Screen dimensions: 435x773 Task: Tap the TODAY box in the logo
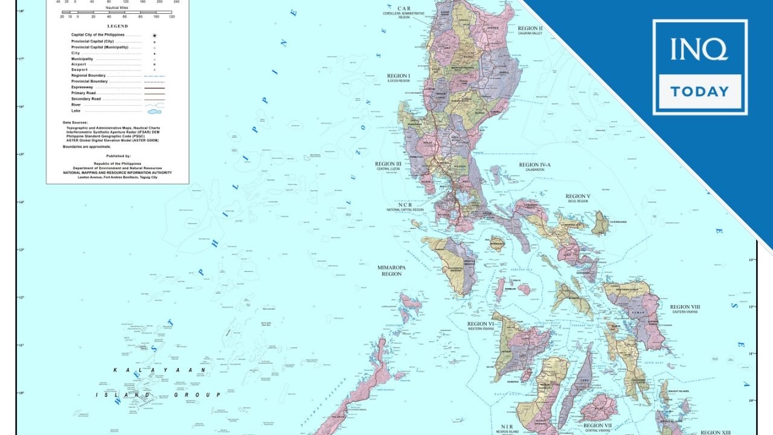[700, 92]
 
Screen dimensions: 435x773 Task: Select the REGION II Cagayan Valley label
[530, 30]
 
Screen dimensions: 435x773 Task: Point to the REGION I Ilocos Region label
[399, 78]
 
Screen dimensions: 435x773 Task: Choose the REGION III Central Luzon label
[388, 166]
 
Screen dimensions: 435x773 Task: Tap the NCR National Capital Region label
[405, 206]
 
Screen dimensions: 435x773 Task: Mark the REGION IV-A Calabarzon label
[534, 167]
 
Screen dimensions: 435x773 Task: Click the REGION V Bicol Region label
[578, 198]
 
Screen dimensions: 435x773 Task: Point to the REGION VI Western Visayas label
[481, 326]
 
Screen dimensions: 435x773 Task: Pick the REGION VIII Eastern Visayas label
[684, 309]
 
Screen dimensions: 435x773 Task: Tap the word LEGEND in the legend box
[117, 26]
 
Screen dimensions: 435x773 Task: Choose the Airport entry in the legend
[79, 64]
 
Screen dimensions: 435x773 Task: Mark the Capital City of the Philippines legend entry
[105, 35]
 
